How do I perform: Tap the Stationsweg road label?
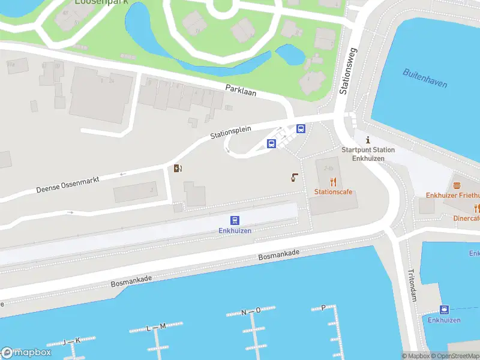point(348,71)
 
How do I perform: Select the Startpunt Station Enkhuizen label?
point(368,154)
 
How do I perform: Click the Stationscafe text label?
point(333,192)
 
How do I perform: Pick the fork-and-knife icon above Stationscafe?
point(333,182)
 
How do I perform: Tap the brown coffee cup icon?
point(294,177)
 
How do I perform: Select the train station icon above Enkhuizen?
point(235,221)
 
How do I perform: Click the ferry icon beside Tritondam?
point(444,310)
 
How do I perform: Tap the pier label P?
point(323,307)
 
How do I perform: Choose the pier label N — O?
point(251,311)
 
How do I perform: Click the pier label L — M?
point(155,327)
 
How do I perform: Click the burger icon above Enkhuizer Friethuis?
point(457,185)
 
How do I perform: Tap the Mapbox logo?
point(26,353)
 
